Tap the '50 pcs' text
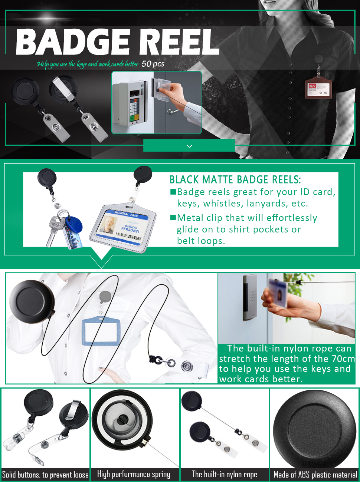coord(153,64)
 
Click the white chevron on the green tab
coord(189,146)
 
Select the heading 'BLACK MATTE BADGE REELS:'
coord(235,180)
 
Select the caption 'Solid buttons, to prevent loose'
coord(45,475)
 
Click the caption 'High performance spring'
coord(134,474)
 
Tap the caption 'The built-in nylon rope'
coord(225,474)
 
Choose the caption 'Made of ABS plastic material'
coord(315,475)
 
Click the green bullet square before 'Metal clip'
coord(173,217)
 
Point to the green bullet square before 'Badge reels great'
coord(173,192)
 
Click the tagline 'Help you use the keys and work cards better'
coord(88,64)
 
